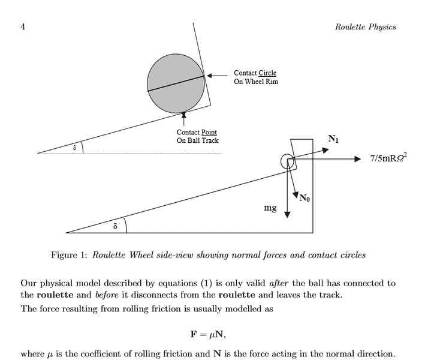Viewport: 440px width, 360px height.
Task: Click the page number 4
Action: click(22, 26)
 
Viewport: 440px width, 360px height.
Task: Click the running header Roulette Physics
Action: click(365, 26)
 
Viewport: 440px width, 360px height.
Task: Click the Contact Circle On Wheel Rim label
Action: click(256, 77)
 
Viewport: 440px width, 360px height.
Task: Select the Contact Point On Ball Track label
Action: click(197, 136)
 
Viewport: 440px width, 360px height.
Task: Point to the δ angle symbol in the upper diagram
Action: click(74, 147)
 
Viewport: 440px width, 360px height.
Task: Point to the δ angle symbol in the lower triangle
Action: click(114, 226)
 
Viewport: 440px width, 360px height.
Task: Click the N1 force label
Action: click(333, 140)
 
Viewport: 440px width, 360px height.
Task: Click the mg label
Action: click(270, 208)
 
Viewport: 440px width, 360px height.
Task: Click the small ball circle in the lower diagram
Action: click(287, 160)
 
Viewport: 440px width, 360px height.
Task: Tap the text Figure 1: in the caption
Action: click(69, 255)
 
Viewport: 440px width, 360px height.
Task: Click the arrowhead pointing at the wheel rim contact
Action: click(210, 75)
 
